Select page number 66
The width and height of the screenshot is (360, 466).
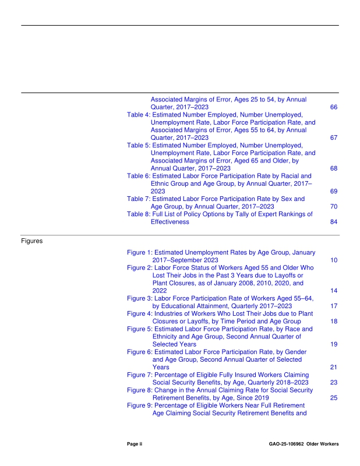pyautogui.click(x=334, y=108)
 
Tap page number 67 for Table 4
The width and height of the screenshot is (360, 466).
pyautogui.click(x=334, y=138)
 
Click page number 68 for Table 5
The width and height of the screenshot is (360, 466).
pyautogui.click(x=334, y=168)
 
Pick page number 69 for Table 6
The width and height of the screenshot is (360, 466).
pyautogui.click(x=334, y=191)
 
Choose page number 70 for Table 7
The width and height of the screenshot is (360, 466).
pyautogui.click(x=334, y=206)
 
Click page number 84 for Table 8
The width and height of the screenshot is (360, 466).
pyautogui.click(x=334, y=222)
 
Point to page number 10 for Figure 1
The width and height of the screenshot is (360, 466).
pyautogui.click(x=334, y=260)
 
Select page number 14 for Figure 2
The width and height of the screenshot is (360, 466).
pyautogui.click(x=334, y=290)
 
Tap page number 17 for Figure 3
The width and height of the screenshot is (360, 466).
pyautogui.click(x=334, y=306)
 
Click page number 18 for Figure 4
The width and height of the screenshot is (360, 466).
pyautogui.click(x=334, y=321)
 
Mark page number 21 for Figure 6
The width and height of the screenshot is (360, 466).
pyautogui.click(x=334, y=368)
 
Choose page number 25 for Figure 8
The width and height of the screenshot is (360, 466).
pyautogui.click(x=334, y=398)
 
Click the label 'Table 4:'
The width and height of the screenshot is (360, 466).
pyautogui.click(x=139, y=115)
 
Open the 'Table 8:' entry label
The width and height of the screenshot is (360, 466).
pyautogui.click(x=139, y=214)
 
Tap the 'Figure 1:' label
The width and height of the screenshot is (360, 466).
pyautogui.click(x=140, y=252)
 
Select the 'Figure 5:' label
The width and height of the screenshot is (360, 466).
pyautogui.click(x=140, y=329)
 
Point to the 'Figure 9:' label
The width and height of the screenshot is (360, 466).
pyautogui.click(x=140, y=405)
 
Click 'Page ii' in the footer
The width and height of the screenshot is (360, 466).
pyautogui.click(x=135, y=444)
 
